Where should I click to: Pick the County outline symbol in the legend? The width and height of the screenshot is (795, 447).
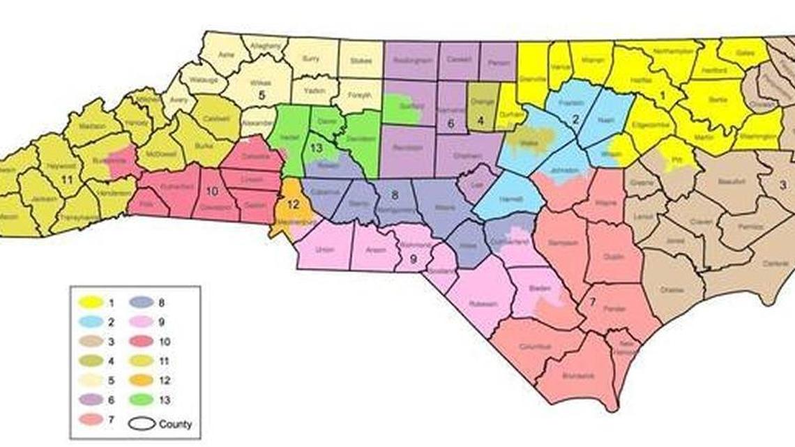142,424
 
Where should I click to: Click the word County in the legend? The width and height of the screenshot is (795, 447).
175,424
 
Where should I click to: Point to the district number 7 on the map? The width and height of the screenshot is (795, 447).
591,301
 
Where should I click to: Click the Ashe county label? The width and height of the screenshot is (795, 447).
225,52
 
